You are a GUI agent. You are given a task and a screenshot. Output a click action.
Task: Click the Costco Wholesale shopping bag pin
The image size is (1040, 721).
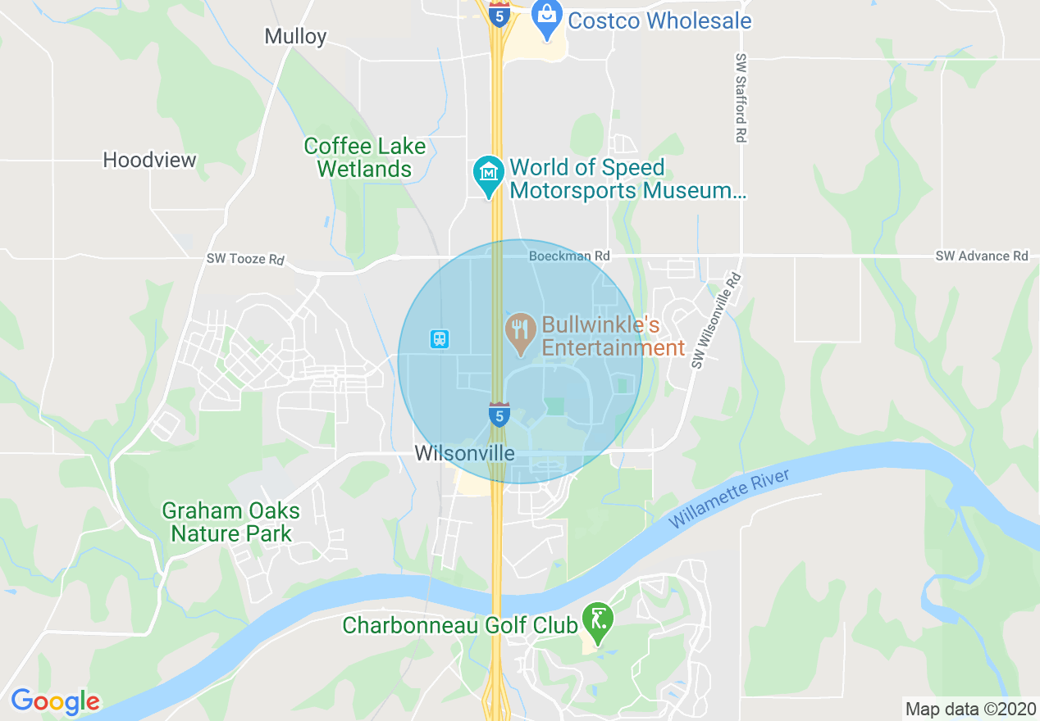coord(545,16)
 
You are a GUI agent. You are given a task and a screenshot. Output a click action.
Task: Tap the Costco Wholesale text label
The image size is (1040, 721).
coord(659,20)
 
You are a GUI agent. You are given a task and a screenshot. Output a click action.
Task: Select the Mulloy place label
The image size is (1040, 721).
coord(295,36)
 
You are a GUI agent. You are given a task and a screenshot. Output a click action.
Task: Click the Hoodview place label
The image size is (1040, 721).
coord(149,160)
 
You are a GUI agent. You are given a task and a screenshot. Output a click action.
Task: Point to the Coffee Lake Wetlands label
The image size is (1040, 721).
coord(365,158)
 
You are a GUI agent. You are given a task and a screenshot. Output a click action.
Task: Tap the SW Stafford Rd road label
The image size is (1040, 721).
coord(741,99)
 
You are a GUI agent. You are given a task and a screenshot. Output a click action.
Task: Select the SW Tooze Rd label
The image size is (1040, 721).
coord(245,259)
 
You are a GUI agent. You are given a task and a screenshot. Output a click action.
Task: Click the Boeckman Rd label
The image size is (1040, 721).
coord(569,256)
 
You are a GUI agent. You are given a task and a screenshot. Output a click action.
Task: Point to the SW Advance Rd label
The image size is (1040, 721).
coord(982,256)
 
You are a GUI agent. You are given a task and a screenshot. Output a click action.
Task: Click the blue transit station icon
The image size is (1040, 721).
coord(440,338)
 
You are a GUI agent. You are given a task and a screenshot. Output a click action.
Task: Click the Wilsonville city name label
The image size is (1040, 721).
coord(464,453)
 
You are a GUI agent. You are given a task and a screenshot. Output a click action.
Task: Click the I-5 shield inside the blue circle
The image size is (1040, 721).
coord(498,414)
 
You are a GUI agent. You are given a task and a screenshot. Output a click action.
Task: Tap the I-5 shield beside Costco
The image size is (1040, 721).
coord(498,13)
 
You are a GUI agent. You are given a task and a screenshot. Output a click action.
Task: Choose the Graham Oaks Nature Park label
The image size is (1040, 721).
coord(230,523)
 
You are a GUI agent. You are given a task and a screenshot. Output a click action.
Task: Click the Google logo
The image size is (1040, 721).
coord(55,701)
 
